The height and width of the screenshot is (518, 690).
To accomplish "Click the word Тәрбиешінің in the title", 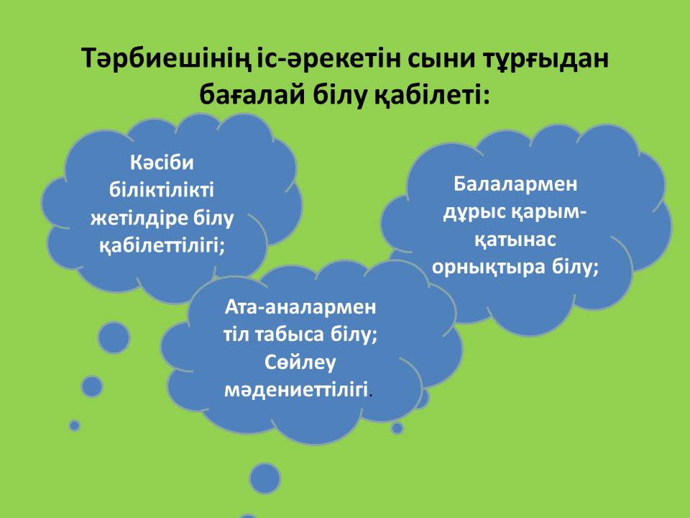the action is tap(167, 59).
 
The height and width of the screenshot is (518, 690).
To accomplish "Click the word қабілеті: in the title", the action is tap(432, 96).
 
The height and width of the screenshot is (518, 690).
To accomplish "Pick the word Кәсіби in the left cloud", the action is tap(162, 163).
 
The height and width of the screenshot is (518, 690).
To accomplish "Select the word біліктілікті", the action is tap(162, 190).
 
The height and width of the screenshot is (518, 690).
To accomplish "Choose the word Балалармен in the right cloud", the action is tap(515, 184).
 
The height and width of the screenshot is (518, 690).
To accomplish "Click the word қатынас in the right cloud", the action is tap(515, 240).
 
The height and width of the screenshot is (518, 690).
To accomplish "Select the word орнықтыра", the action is tap(487, 268).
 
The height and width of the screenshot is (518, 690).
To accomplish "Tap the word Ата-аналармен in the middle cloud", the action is tap(300, 307).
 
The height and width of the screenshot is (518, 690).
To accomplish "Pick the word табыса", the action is tap(287, 335).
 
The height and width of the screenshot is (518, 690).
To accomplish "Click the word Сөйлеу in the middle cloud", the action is tap(300, 363).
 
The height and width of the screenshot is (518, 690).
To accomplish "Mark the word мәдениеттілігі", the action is tap(296, 390).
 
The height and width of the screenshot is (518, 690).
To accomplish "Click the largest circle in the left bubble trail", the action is tap(114, 338).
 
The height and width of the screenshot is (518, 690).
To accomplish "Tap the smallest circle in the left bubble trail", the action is tap(74, 425).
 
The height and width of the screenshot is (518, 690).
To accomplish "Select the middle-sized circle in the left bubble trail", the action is tap(92, 387).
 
